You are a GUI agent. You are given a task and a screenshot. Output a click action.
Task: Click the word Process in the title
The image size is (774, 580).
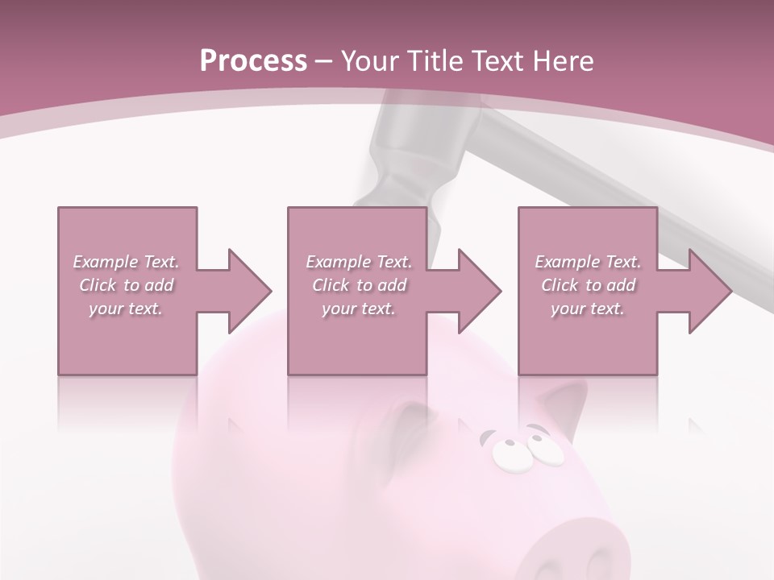(253, 61)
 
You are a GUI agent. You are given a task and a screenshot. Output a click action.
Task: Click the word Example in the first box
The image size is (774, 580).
(106, 262)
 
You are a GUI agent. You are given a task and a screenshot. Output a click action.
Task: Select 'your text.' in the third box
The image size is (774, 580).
(588, 309)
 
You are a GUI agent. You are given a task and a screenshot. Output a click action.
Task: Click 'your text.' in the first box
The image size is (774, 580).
(126, 309)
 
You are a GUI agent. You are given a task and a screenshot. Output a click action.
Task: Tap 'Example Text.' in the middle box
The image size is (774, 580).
(359, 262)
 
